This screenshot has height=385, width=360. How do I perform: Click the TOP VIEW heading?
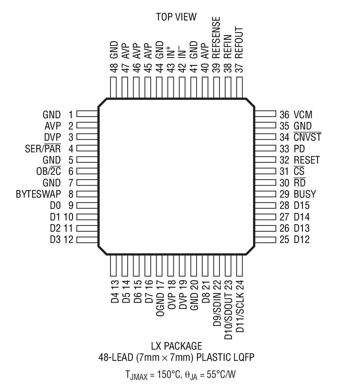coord(176,17)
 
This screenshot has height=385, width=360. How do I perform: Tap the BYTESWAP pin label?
coord(38,194)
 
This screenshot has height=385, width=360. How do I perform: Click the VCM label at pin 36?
coord(303,114)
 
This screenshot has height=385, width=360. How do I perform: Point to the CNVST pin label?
coord(307,137)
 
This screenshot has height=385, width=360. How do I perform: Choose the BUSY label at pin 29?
coord(305,194)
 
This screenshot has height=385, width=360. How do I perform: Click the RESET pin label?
coord(307,160)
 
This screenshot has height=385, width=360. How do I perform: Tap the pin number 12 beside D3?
coord(68,240)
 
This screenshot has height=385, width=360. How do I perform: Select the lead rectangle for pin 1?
coord(87,114)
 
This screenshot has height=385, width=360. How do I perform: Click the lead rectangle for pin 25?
coord(265,240)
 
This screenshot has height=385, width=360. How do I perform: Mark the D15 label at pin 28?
coord(302,206)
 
